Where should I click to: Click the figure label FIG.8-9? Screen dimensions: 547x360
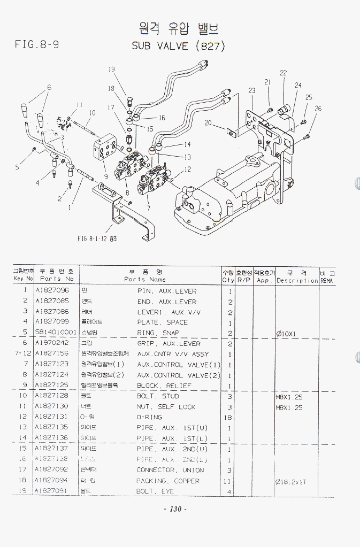[x=37, y=45]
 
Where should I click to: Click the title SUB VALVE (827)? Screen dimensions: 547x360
[x=179, y=46]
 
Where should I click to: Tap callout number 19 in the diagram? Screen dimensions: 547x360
[x=112, y=70]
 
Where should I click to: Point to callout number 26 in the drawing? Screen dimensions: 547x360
[x=318, y=109]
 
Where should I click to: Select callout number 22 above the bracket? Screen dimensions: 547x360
[x=283, y=73]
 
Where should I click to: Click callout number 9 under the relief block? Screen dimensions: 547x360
[x=106, y=176]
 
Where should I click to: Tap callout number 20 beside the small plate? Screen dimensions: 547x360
[x=208, y=123]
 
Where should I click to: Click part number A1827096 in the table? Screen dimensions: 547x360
[x=52, y=291]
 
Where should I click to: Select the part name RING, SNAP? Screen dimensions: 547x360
[x=158, y=333]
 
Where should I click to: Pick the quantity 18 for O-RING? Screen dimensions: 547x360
[x=229, y=417]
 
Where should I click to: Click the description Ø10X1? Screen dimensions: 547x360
[x=287, y=334]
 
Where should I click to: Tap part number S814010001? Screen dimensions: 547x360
[x=56, y=333]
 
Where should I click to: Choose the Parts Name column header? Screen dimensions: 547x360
[x=145, y=279]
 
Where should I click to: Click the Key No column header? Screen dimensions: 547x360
[x=23, y=279]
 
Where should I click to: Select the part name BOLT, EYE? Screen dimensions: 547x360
[x=155, y=491]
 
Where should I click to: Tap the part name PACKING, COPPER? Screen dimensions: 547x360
[x=168, y=481]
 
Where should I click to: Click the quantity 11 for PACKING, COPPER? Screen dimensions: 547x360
[x=229, y=481]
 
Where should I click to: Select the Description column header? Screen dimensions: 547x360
[x=297, y=280]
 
